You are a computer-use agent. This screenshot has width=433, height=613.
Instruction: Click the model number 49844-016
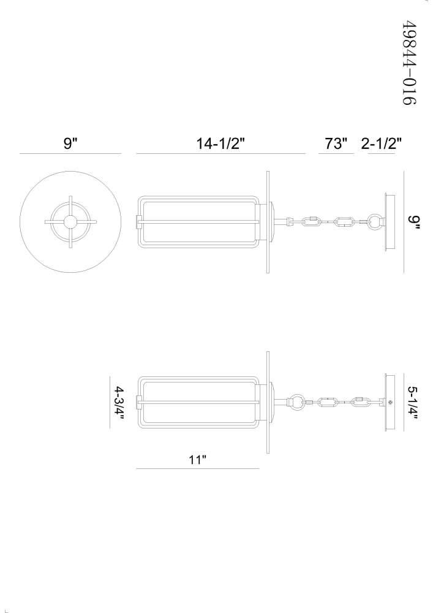pos(409,63)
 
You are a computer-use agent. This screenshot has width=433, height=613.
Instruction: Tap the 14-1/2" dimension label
pos(220,143)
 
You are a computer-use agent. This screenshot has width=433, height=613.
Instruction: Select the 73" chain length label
pos(336,143)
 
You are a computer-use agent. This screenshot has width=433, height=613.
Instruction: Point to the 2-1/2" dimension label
pos(381,143)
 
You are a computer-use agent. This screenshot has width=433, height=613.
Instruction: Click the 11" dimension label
pos(197,460)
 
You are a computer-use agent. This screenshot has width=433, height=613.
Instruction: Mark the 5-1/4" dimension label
pos(413,403)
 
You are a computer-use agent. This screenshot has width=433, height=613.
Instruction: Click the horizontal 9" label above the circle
pos(70,143)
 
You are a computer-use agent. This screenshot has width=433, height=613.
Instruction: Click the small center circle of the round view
pos(70,222)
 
